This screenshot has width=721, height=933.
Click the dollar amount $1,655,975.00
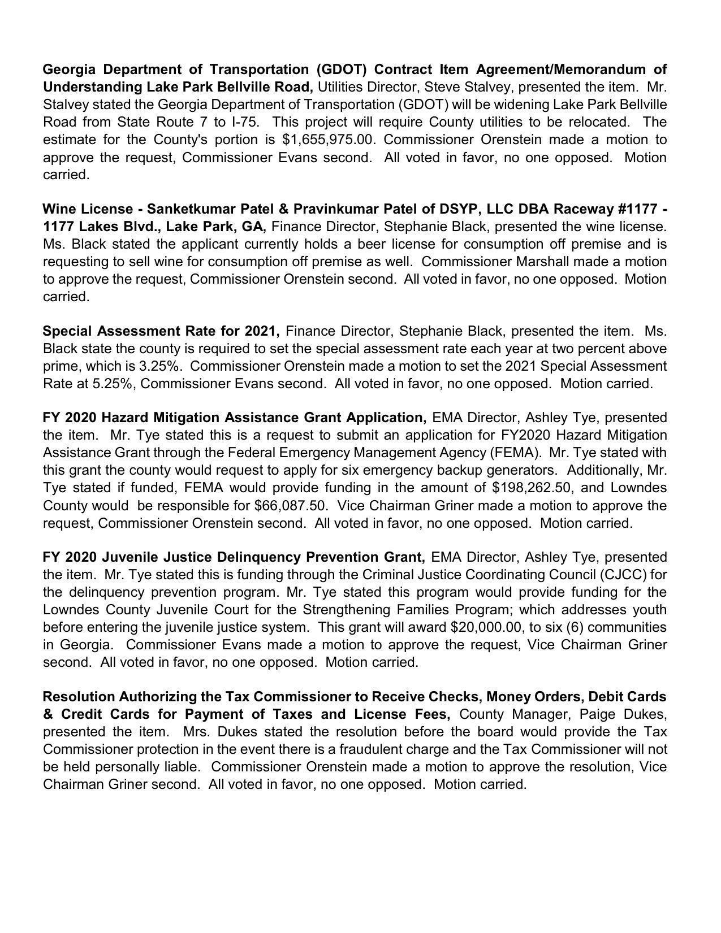tap(329, 140)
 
